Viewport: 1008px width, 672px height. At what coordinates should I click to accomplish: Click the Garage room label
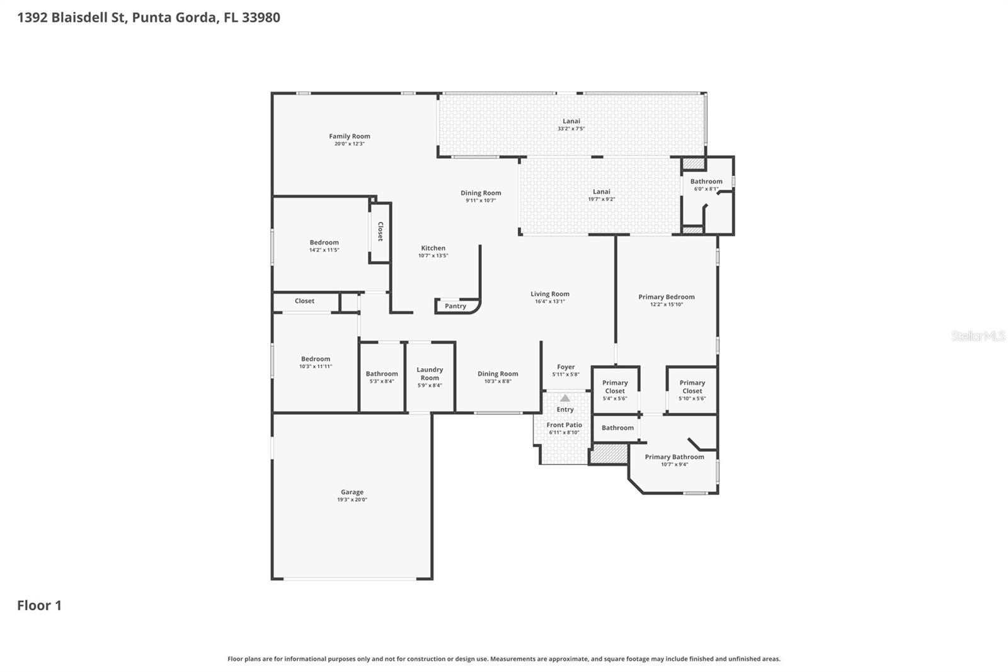(352, 492)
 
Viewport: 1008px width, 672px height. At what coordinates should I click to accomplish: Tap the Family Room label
(350, 136)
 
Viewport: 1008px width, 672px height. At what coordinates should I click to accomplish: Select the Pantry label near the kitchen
(455, 306)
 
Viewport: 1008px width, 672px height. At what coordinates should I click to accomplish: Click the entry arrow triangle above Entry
(565, 398)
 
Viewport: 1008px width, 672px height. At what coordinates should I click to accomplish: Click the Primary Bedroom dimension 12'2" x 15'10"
(667, 304)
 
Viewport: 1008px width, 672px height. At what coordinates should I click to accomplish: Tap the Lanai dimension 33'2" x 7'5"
(571, 129)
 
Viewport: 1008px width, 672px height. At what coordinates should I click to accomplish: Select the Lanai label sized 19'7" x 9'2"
(602, 192)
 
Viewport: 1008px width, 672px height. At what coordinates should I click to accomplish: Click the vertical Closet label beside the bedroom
(380, 231)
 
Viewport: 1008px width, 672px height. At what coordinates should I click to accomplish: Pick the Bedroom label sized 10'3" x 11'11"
(315, 359)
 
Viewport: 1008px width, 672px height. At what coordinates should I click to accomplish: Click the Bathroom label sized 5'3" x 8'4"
(382, 374)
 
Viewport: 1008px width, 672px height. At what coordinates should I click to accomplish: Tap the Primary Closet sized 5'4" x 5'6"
(615, 386)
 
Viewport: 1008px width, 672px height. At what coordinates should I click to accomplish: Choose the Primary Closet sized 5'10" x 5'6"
(692, 386)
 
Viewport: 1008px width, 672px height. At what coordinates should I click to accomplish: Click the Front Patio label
(564, 425)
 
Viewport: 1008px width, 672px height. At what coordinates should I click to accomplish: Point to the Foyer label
(566, 367)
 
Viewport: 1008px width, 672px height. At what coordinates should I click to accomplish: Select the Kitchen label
(433, 248)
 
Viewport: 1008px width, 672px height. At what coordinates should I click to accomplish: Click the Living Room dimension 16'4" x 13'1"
(549, 301)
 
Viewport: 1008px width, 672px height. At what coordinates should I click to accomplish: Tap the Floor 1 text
(39, 605)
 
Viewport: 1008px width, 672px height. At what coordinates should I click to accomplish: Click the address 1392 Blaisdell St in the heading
(72, 17)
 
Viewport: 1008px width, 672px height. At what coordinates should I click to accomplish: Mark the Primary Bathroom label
(674, 457)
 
